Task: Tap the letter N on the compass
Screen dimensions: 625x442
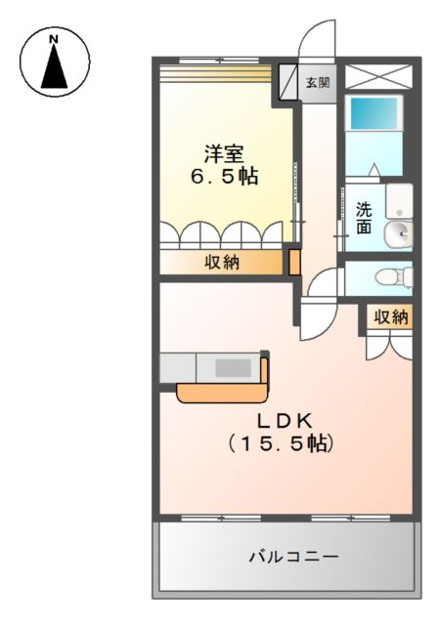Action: (55, 40)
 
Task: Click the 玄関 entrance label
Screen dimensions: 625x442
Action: (317, 83)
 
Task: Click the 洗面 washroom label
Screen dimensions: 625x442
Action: (363, 217)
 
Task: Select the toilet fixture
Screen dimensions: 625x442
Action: (389, 277)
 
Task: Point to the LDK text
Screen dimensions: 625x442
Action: (284, 421)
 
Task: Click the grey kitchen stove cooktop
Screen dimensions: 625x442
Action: (233, 368)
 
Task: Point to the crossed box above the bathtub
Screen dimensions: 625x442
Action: (378, 77)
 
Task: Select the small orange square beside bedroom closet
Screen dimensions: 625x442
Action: (292, 262)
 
